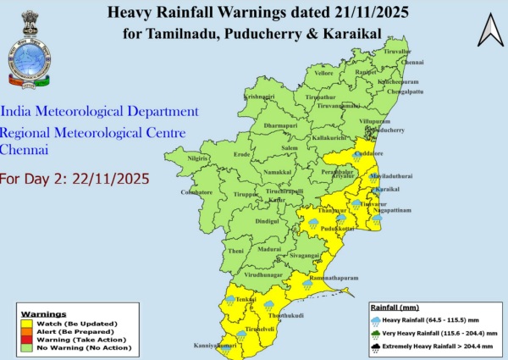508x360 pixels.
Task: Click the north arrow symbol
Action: point(489,31)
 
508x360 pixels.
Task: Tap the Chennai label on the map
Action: point(412,63)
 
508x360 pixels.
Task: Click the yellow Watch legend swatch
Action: point(27,324)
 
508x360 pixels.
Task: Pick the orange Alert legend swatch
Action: point(27,330)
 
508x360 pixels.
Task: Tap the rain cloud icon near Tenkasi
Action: point(229,299)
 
